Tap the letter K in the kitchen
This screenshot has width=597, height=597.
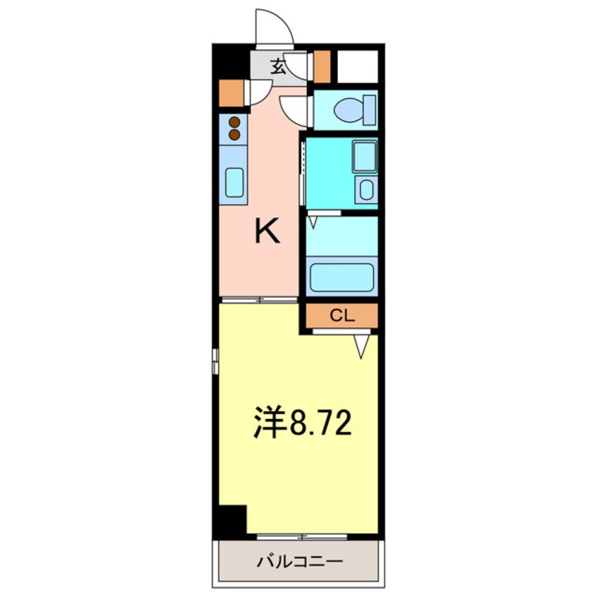coord(267,231)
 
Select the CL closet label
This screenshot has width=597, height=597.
coord(342,315)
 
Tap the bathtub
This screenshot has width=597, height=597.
coord(342,278)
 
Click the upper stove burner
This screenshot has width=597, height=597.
coord(234,123)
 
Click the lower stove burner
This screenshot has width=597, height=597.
coord(234,133)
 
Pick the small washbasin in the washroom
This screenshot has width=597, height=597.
coord(366,188)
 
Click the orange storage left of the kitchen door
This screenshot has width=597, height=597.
coord(230,92)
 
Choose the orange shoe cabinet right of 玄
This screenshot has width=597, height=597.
coord(322,66)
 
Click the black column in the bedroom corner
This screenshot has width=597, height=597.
coord(230,521)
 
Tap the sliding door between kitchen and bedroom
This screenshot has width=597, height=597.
coord(258,300)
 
